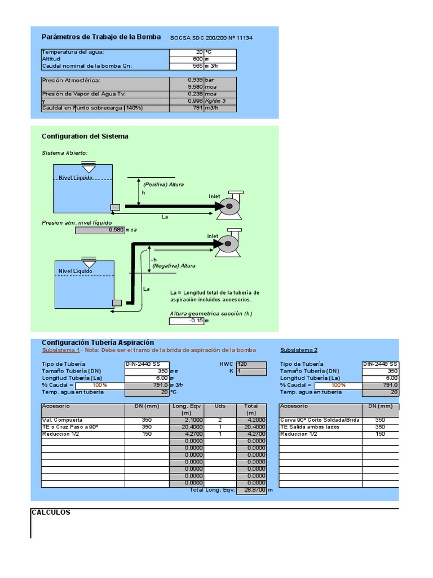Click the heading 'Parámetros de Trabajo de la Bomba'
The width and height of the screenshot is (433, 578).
coord(101,37)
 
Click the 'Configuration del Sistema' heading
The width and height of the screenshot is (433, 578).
coord(85,137)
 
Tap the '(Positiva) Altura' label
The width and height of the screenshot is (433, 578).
coord(164,185)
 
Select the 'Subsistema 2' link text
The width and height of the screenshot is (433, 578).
coord(299,350)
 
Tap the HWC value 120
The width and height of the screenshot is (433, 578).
coord(242,364)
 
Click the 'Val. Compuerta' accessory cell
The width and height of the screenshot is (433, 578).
coord(63,420)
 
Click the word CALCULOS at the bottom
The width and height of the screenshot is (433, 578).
coord(51,513)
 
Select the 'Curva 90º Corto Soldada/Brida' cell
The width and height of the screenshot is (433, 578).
coord(320,420)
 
